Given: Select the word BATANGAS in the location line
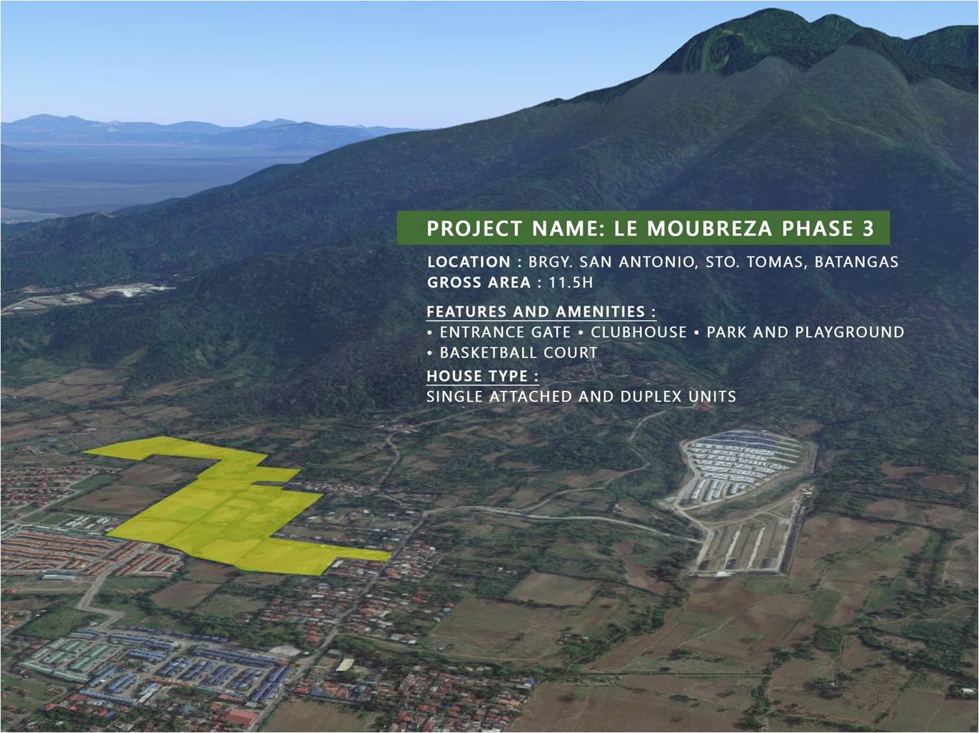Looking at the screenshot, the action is (857, 261).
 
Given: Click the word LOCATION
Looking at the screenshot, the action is (469, 261).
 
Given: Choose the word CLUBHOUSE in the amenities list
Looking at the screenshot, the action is (639, 332).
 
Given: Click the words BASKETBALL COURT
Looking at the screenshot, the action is (518, 353).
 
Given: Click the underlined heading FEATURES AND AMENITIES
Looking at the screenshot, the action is (536, 312).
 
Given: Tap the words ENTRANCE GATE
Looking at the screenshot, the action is (505, 332).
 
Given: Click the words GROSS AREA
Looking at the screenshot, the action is (479, 282).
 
